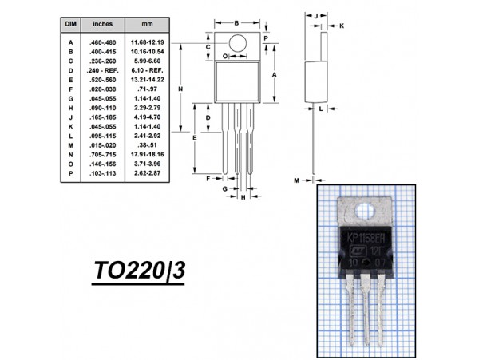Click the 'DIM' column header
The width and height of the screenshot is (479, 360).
pos(70,25)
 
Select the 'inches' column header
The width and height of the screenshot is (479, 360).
pos(103,25)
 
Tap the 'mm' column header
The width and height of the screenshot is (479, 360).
pos(148,25)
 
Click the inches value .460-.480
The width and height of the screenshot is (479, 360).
pos(103,42)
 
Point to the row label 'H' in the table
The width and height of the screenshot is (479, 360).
pos(70,107)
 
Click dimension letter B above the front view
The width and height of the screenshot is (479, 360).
pos(236,23)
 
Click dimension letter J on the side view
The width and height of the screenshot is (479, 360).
pos(317,15)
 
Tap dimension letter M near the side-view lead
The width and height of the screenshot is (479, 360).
pos(296,181)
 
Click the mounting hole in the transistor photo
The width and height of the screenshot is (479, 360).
pos(370,212)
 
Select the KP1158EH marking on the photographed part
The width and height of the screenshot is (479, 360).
pos(366,239)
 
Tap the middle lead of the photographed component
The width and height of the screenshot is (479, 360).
pos(368,311)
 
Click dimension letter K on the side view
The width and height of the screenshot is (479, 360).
pos(342,26)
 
